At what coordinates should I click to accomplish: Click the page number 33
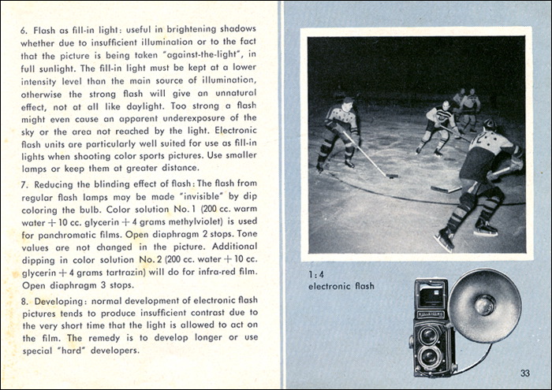tap(524, 373)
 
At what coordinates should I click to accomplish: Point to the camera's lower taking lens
tap(427, 356)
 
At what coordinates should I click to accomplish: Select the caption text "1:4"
tap(316, 273)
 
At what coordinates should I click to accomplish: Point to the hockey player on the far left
tap(338, 131)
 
